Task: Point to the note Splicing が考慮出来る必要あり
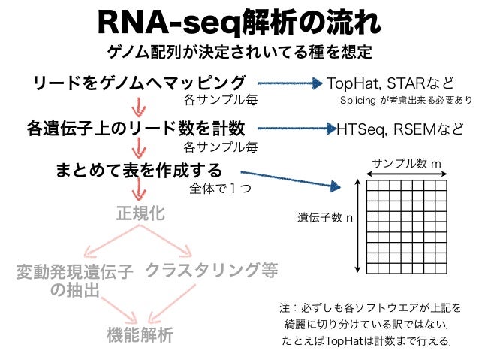[406, 100]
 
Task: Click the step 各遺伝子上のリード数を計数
[134, 127]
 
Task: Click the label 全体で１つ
[220, 189]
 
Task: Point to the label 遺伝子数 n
[325, 219]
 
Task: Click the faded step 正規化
[139, 213]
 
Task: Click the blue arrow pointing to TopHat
[289, 83]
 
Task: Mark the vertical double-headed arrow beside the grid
[359, 226]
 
